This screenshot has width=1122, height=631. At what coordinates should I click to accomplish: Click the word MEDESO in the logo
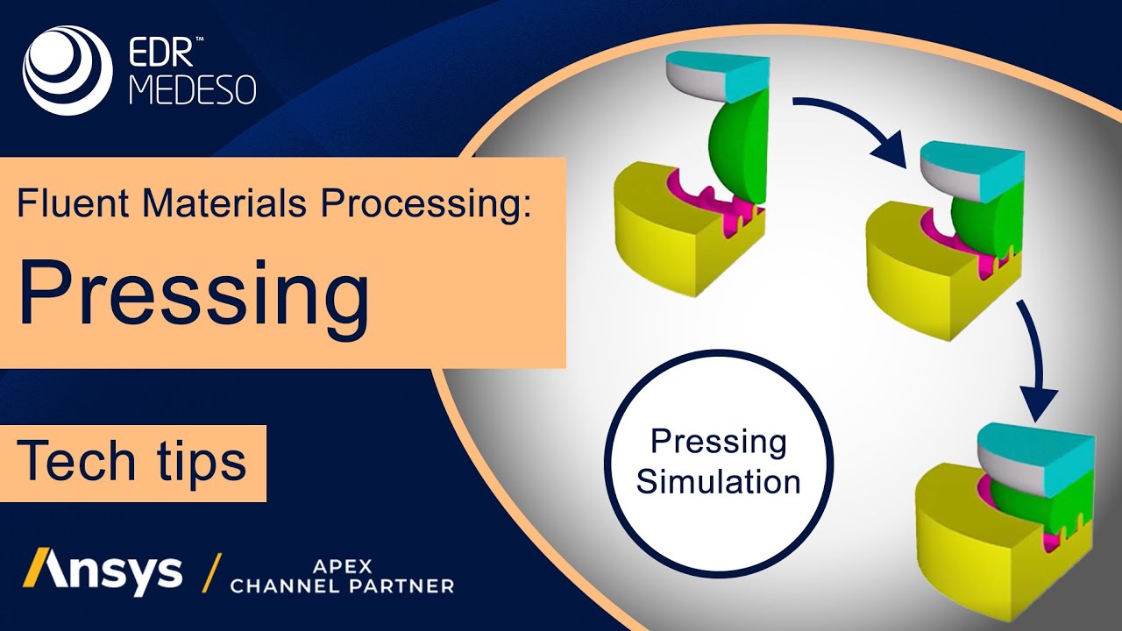pos(193,90)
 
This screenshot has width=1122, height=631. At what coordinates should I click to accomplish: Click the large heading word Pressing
pos(193,291)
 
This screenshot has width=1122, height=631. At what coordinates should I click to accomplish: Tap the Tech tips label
pos(131,461)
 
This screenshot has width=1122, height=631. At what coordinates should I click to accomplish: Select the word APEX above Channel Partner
pos(343,565)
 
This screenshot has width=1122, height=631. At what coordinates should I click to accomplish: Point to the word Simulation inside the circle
pos(718,482)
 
